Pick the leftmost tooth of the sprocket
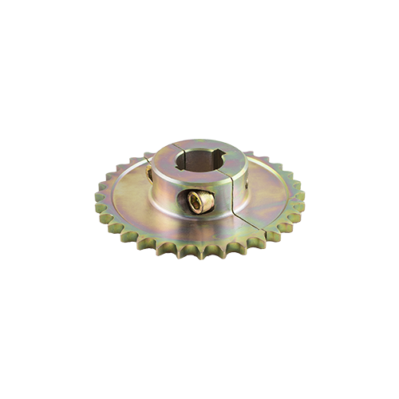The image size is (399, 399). click(x=97, y=194)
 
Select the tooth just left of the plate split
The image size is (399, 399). click(x=254, y=239)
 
